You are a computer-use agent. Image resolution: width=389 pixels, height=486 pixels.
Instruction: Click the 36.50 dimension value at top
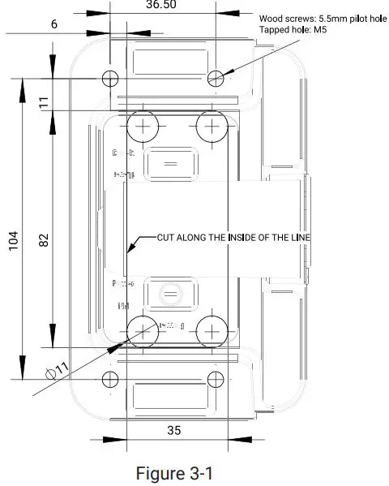click(163, 5)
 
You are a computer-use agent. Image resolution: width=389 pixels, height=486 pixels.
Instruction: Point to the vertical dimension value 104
click(14, 241)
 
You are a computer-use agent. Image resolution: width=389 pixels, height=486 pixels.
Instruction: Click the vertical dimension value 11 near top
click(45, 102)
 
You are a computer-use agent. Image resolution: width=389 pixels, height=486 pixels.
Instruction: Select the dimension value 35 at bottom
click(173, 430)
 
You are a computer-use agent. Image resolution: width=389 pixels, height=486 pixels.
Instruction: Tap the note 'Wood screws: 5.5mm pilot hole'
click(322, 18)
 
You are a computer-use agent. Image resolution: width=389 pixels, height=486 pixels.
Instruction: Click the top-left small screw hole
click(111, 78)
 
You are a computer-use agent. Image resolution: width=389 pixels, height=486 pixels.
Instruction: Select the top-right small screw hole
click(216, 78)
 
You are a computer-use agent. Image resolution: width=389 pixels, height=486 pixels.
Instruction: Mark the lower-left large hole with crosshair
click(143, 330)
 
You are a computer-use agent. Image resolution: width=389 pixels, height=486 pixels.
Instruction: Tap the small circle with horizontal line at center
click(170, 291)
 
